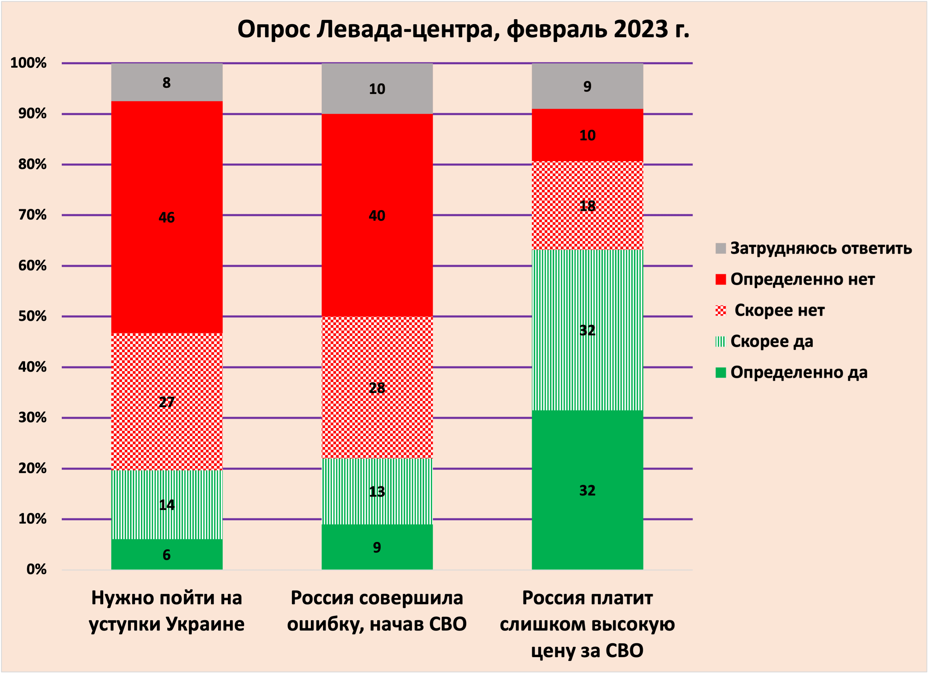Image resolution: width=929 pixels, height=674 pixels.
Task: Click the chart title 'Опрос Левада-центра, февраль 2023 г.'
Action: [x=463, y=30]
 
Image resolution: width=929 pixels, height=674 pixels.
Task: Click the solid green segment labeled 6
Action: [x=167, y=554]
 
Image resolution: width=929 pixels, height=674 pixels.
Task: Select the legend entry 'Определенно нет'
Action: [x=803, y=279]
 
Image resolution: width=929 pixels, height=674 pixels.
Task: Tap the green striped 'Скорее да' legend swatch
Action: [x=720, y=341]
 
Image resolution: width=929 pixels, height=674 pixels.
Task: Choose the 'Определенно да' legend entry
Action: [x=799, y=372]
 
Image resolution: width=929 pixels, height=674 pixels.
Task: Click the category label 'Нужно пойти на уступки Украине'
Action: [x=167, y=611]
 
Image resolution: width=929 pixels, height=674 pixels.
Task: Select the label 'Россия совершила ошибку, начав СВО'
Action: [x=377, y=611]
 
